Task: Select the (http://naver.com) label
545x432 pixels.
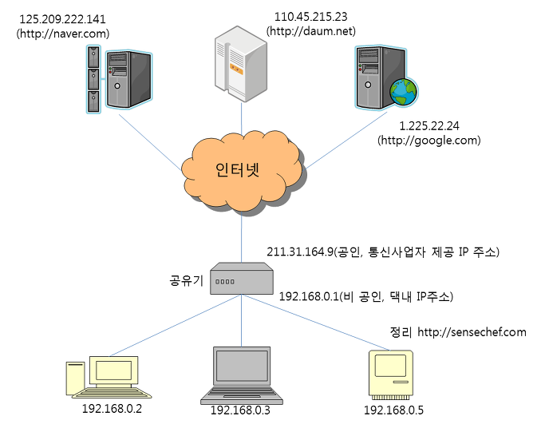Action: click(x=63, y=34)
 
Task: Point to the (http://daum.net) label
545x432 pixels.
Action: click(x=310, y=32)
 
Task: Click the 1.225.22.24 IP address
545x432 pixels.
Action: click(x=429, y=126)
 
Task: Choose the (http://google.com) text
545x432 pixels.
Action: click(x=429, y=140)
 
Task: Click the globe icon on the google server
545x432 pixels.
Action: click(x=403, y=93)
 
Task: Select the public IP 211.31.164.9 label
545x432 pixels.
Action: click(x=382, y=252)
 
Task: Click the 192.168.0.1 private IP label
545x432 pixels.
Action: click(x=366, y=296)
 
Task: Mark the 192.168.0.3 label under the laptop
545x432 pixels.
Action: click(x=241, y=410)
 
